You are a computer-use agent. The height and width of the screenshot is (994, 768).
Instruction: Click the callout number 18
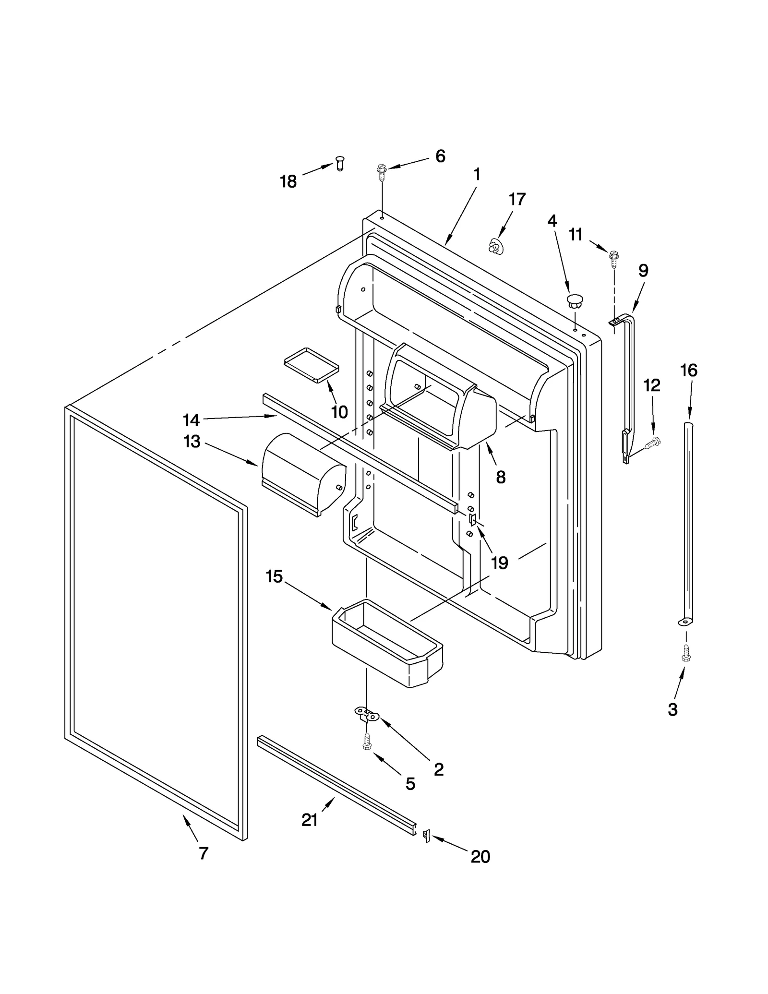click(288, 181)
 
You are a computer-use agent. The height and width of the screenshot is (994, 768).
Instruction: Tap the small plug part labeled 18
click(340, 163)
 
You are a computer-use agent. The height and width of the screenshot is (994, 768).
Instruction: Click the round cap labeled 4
click(575, 302)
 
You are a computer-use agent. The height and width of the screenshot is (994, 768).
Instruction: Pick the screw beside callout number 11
click(613, 258)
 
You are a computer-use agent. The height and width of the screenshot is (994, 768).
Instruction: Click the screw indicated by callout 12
click(653, 442)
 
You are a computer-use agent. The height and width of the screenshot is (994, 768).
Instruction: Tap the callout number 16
click(689, 370)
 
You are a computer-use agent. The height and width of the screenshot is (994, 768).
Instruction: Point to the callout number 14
click(191, 420)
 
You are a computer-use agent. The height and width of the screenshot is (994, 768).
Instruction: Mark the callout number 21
click(310, 820)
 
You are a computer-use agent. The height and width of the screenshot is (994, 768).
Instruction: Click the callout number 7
click(204, 853)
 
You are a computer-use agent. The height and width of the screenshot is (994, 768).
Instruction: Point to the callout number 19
click(500, 563)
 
